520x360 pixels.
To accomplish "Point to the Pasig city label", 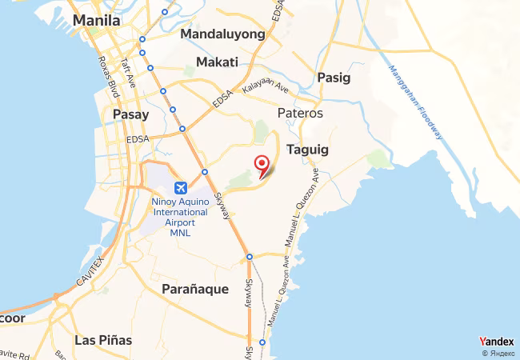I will [334, 78].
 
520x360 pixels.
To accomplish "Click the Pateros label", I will [300, 114].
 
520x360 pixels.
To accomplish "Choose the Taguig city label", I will [307, 150].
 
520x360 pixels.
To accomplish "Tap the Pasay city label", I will [131, 115].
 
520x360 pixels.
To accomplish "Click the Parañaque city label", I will [195, 289].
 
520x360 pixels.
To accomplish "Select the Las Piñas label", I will [103, 340].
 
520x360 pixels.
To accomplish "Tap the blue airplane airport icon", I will [180, 187].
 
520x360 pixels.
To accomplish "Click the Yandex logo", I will [496, 342].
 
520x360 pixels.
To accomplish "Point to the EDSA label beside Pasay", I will [138, 139].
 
